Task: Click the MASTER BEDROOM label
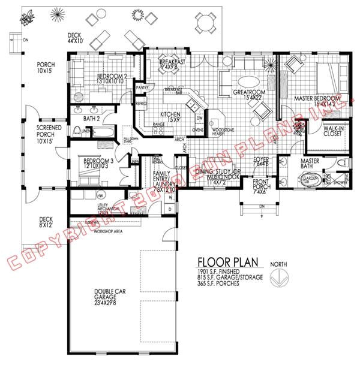(x=319, y=101)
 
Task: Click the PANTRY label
(x=142, y=88)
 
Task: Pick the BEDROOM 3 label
(x=98, y=162)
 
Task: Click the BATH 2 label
(x=92, y=117)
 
